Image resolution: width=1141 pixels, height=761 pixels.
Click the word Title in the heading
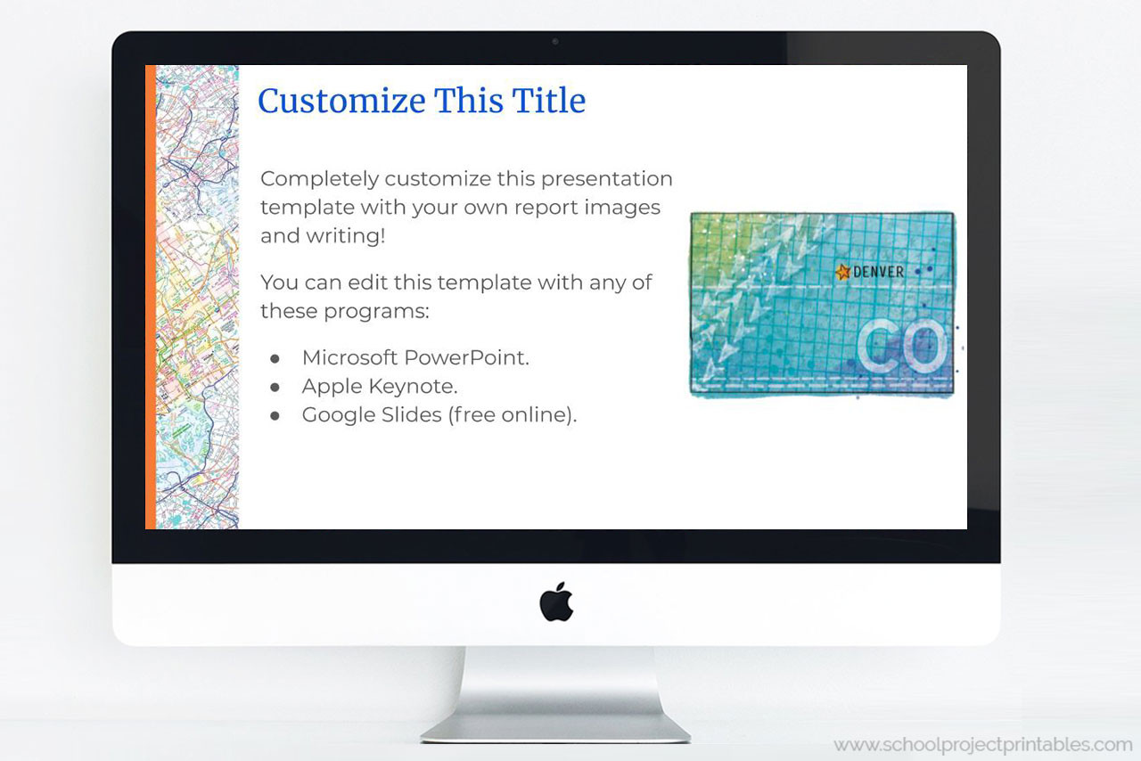click(x=549, y=101)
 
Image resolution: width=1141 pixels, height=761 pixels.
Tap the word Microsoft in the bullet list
click(x=349, y=357)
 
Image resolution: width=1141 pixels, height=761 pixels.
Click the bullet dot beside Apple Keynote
click(x=275, y=388)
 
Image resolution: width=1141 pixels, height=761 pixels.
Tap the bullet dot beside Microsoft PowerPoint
click(x=275, y=358)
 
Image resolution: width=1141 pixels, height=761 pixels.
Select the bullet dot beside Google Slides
click(x=275, y=416)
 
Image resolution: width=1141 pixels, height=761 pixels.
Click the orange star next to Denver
click(x=842, y=272)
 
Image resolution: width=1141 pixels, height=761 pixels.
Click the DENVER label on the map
click(x=878, y=272)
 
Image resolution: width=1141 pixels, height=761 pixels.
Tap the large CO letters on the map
click(x=901, y=347)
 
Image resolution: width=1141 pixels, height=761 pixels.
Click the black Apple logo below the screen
click(x=556, y=601)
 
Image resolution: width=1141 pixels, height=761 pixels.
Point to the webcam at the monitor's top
click(x=555, y=41)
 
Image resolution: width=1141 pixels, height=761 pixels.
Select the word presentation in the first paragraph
click(x=607, y=178)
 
